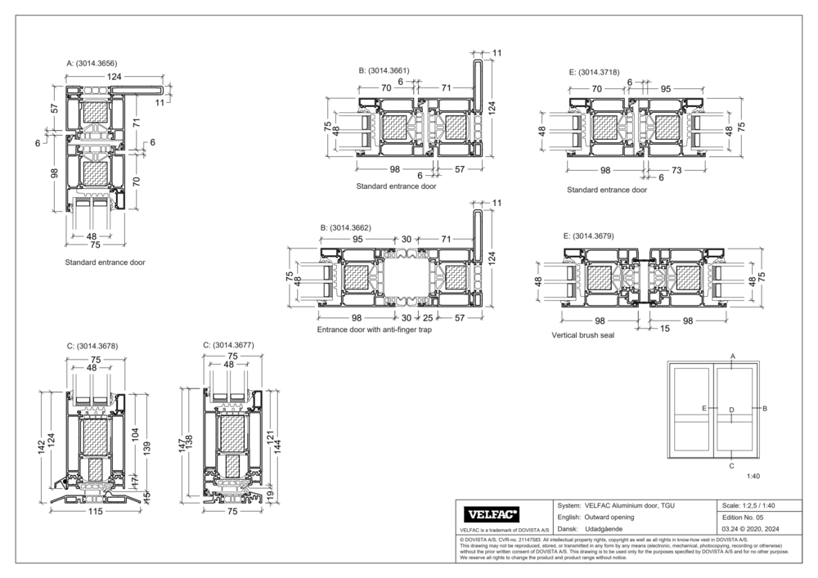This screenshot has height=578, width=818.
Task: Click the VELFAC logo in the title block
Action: click(492, 514)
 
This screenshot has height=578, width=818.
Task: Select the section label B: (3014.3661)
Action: click(384, 71)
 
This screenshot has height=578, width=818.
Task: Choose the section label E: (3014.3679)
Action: click(591, 235)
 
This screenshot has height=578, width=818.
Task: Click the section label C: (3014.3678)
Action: click(92, 346)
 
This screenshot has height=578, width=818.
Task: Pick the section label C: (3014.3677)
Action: click(228, 345)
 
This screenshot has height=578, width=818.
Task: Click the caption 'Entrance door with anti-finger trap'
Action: click(374, 331)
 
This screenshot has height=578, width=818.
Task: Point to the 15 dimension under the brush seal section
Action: click(665, 328)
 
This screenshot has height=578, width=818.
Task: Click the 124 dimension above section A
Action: click(113, 76)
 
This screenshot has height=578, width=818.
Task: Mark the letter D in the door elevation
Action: click(731, 409)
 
